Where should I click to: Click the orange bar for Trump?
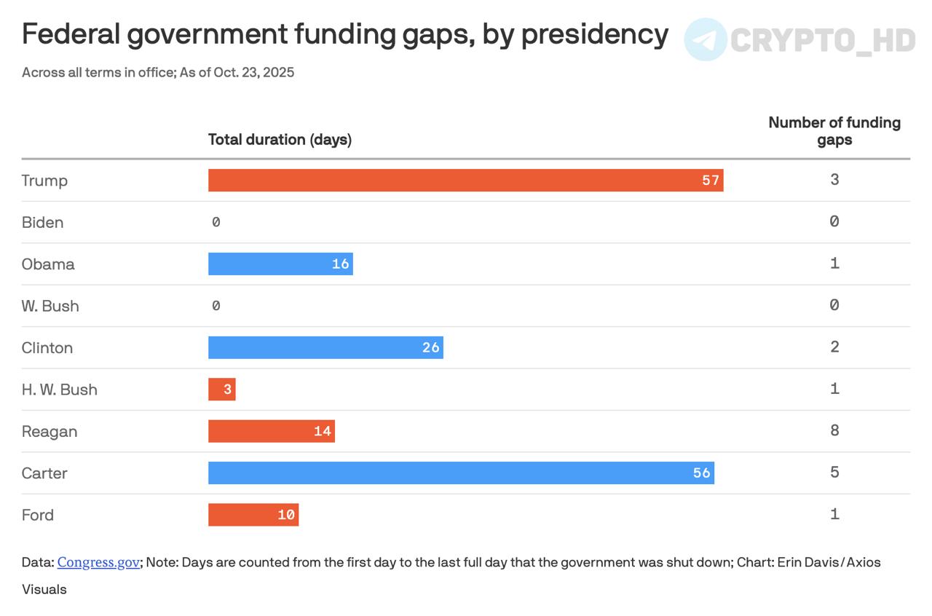[465, 181]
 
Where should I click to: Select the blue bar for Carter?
[461, 473]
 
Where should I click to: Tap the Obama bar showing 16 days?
[280, 264]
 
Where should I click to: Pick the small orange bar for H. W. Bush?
[222, 389]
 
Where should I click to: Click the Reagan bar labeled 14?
[272, 431]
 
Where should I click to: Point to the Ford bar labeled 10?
[253, 515]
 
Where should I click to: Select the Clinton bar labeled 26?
[325, 347]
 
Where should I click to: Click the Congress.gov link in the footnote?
[98, 562]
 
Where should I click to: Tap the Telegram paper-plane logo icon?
[706, 39]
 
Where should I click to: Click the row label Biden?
[42, 223]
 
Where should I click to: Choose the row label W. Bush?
[50, 307]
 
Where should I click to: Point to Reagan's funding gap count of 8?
[834, 430]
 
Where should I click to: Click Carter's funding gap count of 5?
[834, 472]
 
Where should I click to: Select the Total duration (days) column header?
[280, 140]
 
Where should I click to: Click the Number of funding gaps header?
[834, 131]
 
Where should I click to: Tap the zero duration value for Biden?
[216, 222]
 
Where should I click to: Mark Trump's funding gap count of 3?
[834, 179]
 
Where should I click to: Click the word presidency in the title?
[595, 35]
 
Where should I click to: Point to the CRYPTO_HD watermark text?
[823, 40]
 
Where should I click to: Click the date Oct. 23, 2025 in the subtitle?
[254, 73]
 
